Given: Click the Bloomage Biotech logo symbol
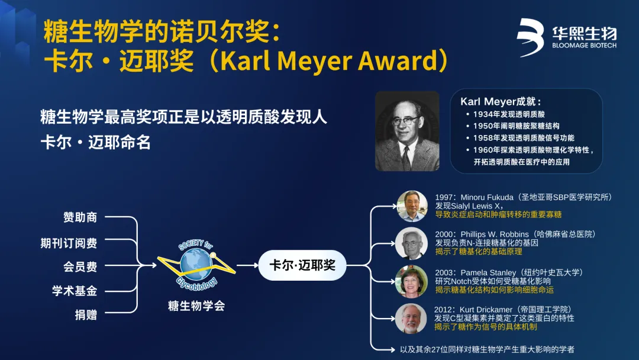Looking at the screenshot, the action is click(x=530, y=37).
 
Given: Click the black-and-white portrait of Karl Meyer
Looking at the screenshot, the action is click(x=407, y=131).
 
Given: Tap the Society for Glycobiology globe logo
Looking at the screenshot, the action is click(x=196, y=265).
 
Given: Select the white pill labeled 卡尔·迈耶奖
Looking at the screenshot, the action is click(x=302, y=265).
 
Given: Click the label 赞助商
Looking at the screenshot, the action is click(x=80, y=217).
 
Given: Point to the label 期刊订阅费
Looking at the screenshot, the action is click(x=69, y=243).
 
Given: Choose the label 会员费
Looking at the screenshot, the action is click(x=80, y=266).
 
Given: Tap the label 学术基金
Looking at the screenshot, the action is click(x=75, y=291).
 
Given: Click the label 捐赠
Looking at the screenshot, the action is click(x=86, y=315).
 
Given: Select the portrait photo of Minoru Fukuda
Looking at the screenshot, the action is click(x=412, y=206).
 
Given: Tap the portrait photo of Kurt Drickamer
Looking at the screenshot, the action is click(x=411, y=319).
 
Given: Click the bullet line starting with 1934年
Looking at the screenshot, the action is click(x=506, y=114).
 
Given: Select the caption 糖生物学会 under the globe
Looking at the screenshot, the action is click(x=196, y=306).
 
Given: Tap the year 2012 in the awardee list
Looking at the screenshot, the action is click(x=443, y=310).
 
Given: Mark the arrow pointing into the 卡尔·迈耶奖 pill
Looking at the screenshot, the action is click(x=247, y=265).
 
